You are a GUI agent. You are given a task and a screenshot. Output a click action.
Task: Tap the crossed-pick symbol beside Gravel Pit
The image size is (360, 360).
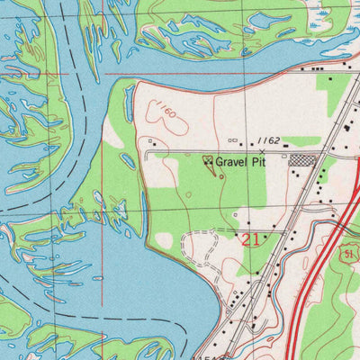[x=209, y=162]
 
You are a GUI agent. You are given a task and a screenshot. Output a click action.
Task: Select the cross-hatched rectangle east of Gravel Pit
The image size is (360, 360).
[x=301, y=160]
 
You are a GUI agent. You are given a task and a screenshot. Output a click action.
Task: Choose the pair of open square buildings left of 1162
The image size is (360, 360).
[x=233, y=140]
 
